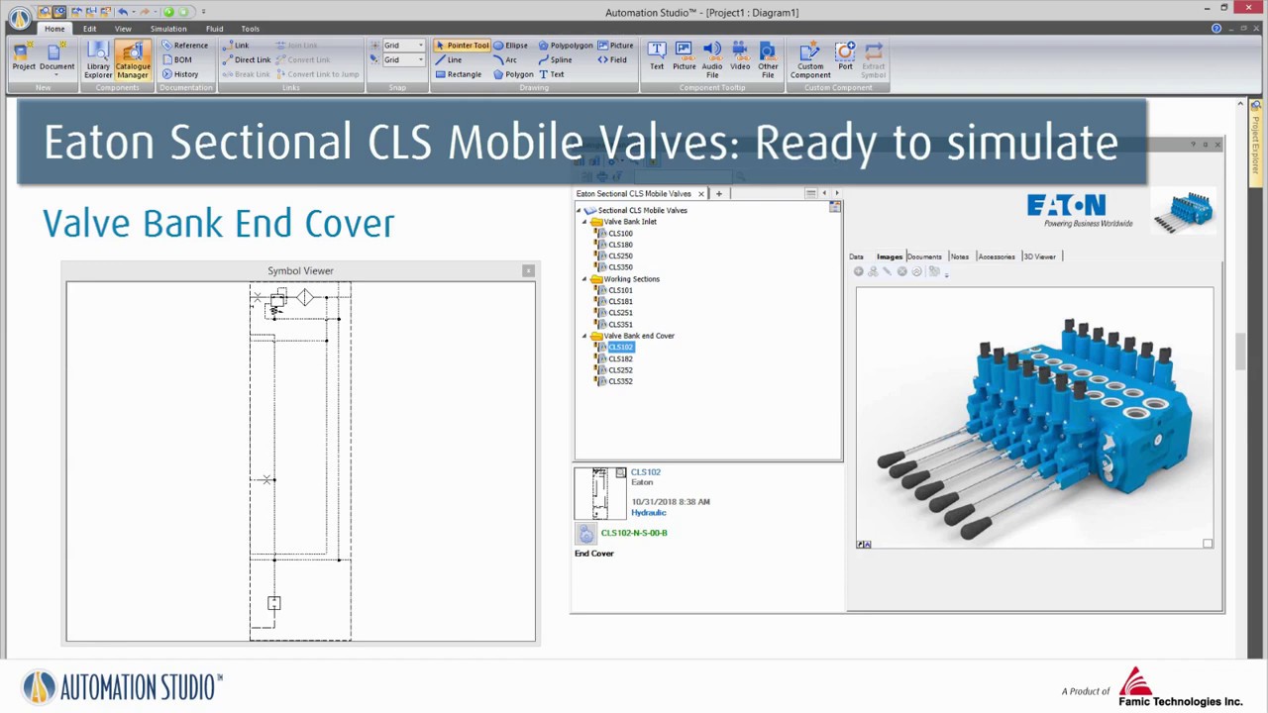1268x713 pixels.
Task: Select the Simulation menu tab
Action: (x=168, y=29)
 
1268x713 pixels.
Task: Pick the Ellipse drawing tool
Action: (x=510, y=46)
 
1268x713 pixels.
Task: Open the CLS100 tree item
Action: (x=620, y=234)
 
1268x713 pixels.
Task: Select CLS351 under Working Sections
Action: (x=620, y=324)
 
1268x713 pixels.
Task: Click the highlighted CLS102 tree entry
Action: (x=620, y=348)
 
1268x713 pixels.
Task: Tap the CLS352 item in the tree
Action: (x=620, y=381)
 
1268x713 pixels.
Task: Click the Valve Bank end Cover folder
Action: (x=638, y=336)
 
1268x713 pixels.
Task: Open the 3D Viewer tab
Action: (x=1039, y=256)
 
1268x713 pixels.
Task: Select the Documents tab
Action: (x=924, y=256)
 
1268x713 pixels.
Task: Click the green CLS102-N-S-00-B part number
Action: (x=634, y=533)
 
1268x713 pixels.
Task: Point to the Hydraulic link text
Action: (x=649, y=513)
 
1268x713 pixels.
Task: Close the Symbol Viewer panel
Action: (x=528, y=270)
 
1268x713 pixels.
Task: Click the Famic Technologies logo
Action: (x=1179, y=687)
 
